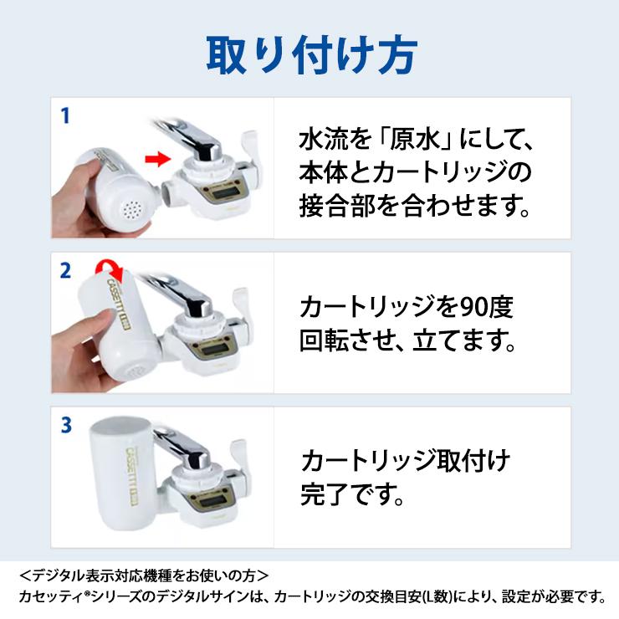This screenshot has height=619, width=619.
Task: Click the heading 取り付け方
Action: tap(312, 55)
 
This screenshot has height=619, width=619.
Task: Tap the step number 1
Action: tap(65, 115)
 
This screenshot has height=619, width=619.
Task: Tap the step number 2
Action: tap(65, 271)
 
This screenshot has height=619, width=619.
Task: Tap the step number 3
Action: tap(66, 425)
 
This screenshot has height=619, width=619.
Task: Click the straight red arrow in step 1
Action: tap(158, 159)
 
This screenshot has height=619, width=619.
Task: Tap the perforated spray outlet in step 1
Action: tap(132, 211)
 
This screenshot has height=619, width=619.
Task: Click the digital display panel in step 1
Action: tap(223, 193)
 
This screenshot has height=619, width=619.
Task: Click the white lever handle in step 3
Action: tap(239, 454)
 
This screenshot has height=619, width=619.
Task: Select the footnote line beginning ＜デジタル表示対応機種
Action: tap(144, 576)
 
